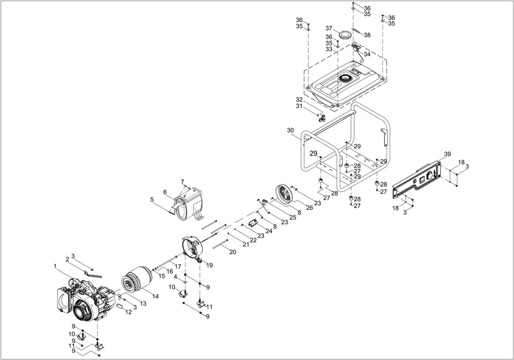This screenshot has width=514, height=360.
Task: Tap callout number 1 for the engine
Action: tap(54, 266)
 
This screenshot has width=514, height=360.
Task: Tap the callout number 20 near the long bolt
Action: tap(232, 252)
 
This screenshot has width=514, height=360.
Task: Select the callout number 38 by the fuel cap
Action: tap(367, 35)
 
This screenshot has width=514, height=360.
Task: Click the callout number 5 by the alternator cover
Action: tap(152, 199)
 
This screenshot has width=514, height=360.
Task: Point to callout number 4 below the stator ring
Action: tap(175, 277)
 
